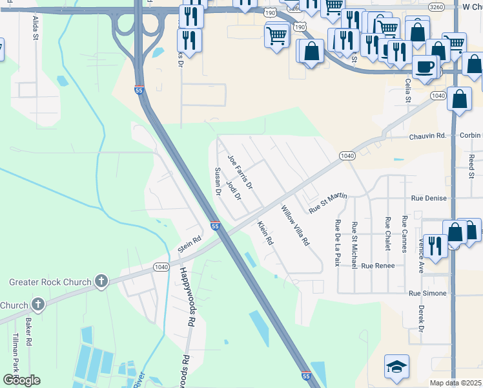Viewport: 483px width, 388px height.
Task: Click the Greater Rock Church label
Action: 50,282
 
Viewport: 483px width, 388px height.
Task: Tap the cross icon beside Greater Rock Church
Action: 101,281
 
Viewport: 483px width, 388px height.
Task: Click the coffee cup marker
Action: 425,67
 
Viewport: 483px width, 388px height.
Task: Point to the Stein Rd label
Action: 190,244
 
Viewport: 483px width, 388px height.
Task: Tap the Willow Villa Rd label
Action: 295,225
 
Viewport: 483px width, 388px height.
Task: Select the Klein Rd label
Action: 265,233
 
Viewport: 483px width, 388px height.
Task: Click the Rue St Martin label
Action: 328,203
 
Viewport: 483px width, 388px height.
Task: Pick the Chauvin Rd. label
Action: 427,136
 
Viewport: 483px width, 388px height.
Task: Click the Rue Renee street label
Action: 376,266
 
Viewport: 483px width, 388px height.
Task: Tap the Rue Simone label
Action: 427,293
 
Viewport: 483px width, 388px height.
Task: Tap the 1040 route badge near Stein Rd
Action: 161,266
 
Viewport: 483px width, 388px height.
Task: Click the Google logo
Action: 21,380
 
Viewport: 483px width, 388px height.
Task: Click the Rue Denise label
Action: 429,198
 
